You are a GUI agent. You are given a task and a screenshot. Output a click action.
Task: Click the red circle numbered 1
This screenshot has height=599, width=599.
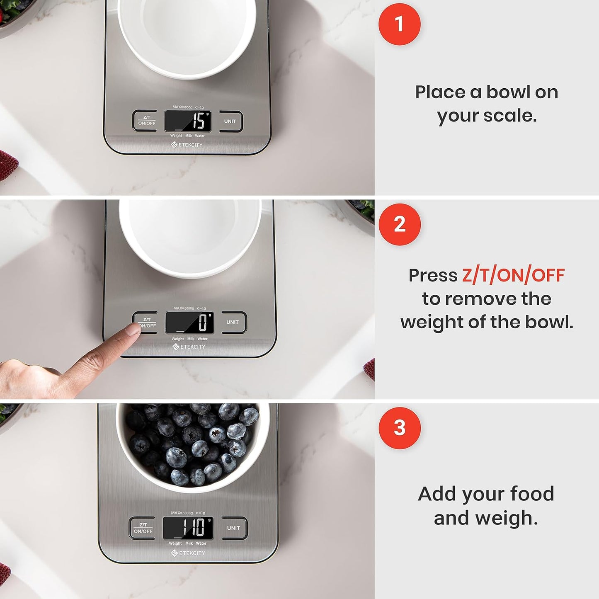(399, 24)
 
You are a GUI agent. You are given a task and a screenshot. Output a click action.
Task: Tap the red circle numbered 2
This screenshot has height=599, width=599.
(399, 224)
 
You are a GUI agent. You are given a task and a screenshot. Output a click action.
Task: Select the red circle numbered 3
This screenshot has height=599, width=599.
(399, 428)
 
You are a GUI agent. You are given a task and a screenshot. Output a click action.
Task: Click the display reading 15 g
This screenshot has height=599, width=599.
(188, 121)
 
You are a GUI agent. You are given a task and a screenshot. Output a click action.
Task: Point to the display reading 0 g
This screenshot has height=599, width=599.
(190, 323)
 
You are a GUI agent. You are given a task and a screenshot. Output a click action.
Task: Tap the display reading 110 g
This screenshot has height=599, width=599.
(188, 528)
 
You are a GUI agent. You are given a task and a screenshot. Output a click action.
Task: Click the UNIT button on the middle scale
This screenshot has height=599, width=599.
(233, 322)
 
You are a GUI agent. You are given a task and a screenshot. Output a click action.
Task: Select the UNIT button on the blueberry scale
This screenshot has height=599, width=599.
(234, 528)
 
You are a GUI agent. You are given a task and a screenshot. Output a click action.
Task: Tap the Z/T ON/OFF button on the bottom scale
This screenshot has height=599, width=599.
(143, 528)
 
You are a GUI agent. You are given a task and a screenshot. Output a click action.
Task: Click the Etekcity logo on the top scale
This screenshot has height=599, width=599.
(187, 145)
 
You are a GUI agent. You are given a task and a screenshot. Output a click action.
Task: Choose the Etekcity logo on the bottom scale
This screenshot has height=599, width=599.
(188, 553)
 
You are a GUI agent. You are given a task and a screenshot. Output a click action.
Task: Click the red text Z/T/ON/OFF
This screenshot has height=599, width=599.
(513, 275)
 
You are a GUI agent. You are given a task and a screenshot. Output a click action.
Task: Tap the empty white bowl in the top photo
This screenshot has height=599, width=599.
(187, 35)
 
